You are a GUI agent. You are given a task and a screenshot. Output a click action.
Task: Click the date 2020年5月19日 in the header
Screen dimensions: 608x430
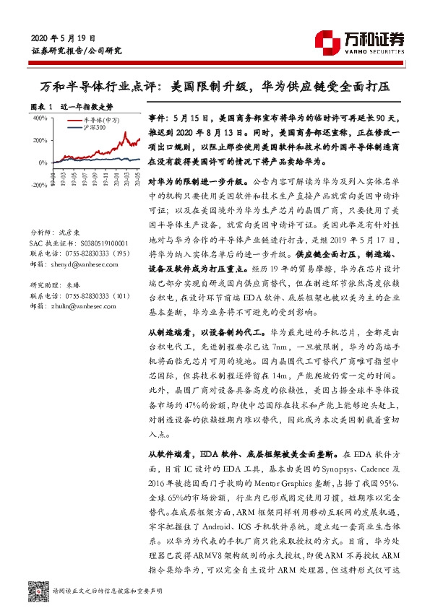point(64,38)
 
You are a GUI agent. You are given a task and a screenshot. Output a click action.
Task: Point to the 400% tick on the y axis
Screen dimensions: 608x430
point(39,118)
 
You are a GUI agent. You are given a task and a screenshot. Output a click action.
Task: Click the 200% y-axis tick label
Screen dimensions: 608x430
point(39,140)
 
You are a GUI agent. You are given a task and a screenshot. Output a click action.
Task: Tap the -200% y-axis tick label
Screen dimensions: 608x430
point(38,186)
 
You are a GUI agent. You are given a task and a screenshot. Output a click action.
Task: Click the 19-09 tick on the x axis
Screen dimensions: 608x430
point(97,175)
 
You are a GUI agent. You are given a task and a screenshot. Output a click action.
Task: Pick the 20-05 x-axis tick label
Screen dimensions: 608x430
point(139,175)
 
